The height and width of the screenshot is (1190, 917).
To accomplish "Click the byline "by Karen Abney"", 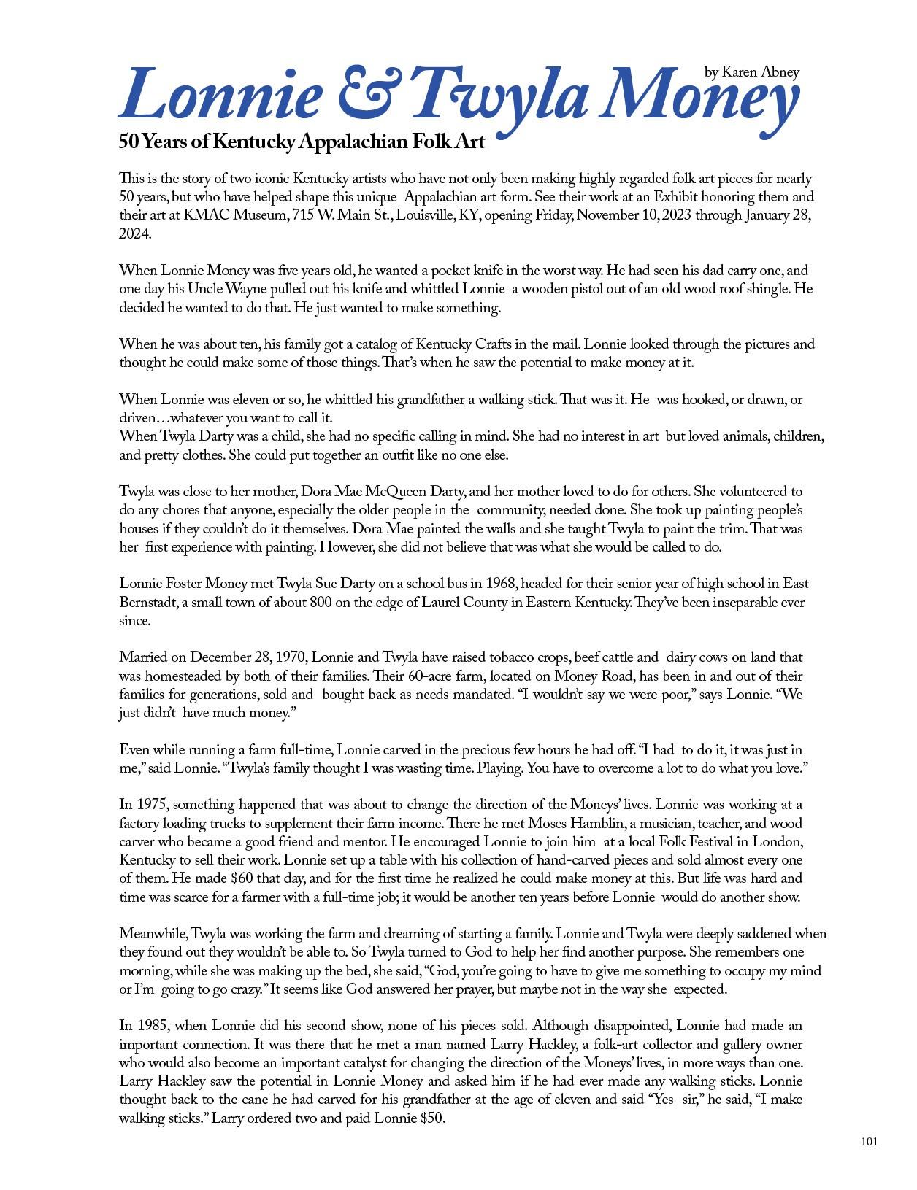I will pyautogui.click(x=751, y=72).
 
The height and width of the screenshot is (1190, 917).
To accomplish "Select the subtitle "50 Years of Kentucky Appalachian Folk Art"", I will pyautogui.click(x=302, y=142).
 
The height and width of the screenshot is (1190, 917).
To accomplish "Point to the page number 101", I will pyautogui.click(x=869, y=1142).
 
